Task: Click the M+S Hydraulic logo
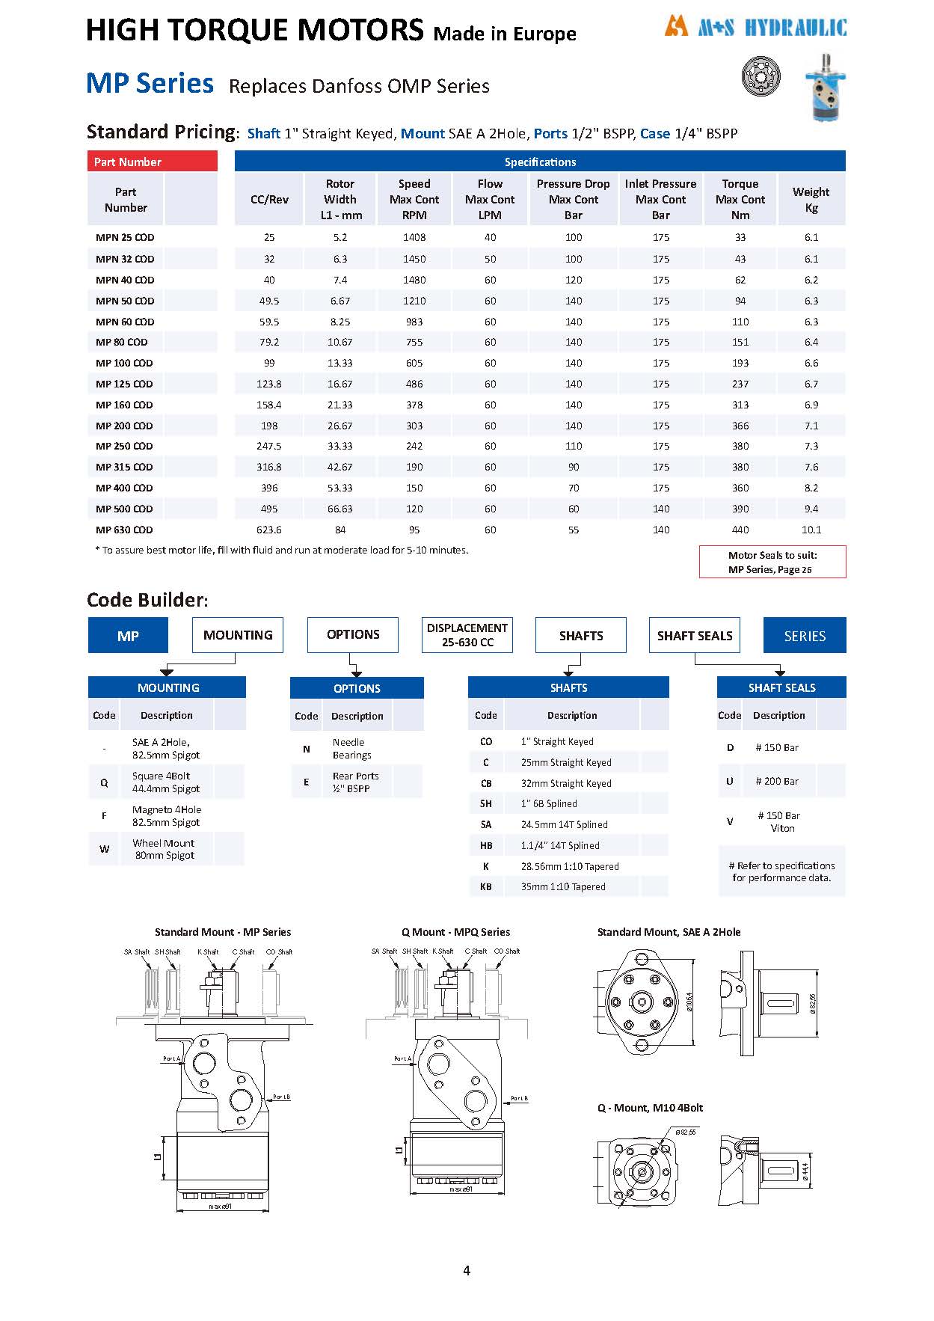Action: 755,27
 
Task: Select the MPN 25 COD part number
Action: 125,238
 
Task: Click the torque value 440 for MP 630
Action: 740,530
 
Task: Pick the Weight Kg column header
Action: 811,200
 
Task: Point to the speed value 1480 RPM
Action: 414,280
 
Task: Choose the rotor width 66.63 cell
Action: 340,509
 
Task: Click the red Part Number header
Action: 152,162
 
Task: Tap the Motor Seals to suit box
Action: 772,562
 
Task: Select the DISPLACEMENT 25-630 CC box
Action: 467,635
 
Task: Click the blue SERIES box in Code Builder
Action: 805,636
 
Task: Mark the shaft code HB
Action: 486,845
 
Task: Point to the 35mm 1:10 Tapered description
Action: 563,887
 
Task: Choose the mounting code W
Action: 104,849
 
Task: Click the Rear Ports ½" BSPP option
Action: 355,782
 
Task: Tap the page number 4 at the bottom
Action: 467,1270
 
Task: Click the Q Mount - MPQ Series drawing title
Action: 455,932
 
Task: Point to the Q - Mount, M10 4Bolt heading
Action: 650,1108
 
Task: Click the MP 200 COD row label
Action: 124,426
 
